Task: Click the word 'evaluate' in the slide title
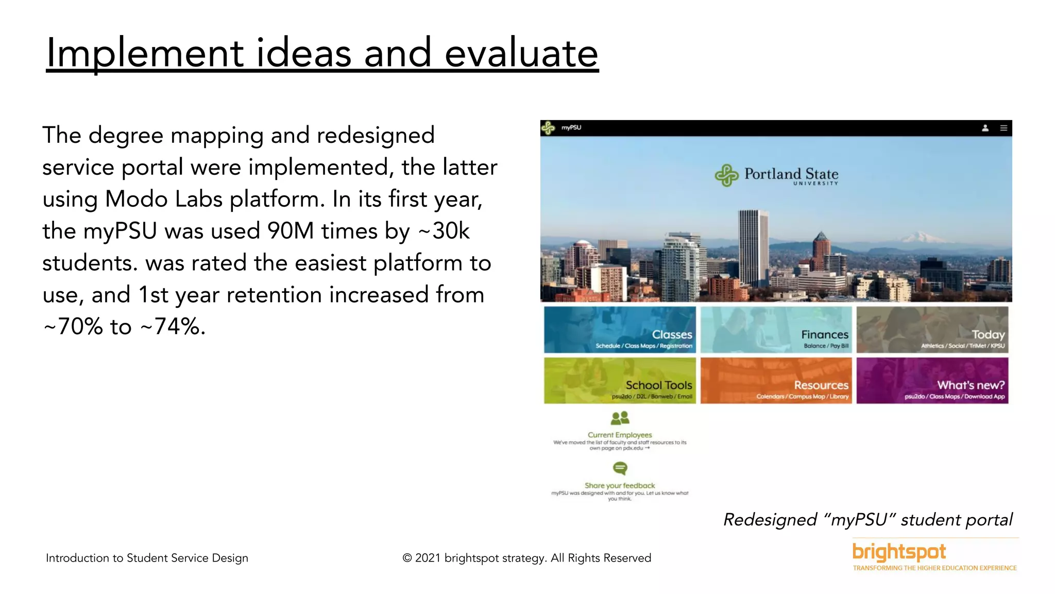[521, 53]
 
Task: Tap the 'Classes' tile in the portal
[620, 330]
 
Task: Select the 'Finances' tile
[776, 330]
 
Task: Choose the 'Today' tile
[932, 330]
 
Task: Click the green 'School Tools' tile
[620, 381]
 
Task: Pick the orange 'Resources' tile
[776, 381]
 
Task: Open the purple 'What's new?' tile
[932, 381]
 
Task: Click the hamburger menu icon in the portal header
[1003, 128]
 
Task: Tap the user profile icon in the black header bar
[985, 128]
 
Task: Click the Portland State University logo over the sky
[776, 176]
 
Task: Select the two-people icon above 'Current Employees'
[620, 418]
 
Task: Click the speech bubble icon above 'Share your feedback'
[620, 468]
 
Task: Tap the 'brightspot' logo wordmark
[899, 552]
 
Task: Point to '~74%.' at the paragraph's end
[173, 327]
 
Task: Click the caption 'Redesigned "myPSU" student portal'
[867, 520]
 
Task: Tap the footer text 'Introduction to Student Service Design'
[147, 558]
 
